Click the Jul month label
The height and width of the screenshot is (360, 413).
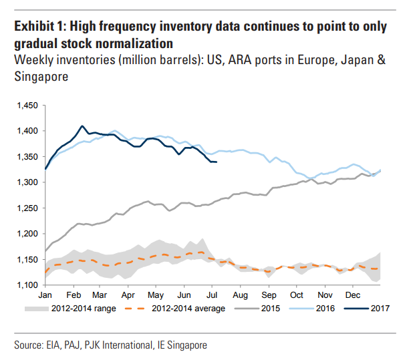[212, 295]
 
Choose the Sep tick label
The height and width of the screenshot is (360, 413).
[269, 295]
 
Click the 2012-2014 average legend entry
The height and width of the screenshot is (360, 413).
[190, 309]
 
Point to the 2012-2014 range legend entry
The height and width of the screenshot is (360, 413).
[86, 309]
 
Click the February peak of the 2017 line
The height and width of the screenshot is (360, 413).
[82, 126]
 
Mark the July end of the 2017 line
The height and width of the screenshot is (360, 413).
[216, 162]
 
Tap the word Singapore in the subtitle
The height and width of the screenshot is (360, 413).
[41, 77]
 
